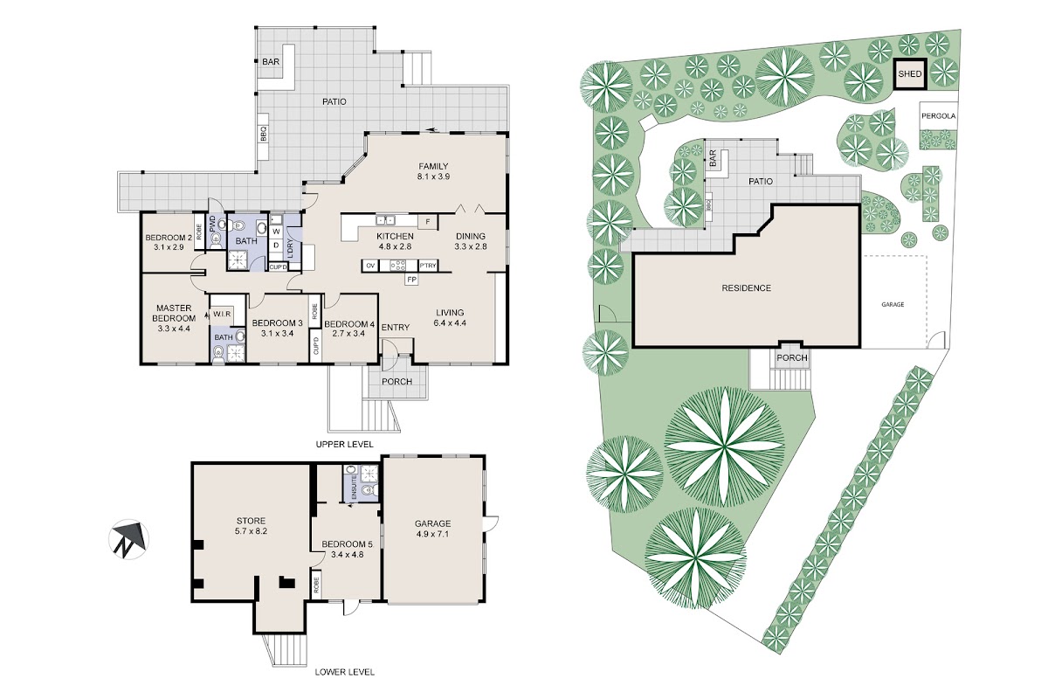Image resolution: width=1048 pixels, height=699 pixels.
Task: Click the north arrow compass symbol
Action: click(129, 539)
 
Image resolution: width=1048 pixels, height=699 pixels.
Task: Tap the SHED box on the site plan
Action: click(910, 74)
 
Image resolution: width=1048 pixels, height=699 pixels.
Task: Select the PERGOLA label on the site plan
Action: click(939, 115)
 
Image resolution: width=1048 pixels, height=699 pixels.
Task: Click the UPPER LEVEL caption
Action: click(345, 444)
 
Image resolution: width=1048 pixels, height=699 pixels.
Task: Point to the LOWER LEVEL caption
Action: click(345, 672)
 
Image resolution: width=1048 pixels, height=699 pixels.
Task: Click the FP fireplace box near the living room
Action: click(411, 280)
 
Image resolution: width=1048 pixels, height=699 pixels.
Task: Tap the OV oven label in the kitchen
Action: click(370, 266)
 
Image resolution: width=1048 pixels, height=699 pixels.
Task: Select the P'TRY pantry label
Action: click(428, 266)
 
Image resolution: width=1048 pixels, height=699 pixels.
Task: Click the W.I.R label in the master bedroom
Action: click(222, 314)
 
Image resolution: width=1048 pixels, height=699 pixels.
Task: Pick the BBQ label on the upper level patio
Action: click(264, 135)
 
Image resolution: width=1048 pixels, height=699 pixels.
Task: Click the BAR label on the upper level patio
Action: click(271, 62)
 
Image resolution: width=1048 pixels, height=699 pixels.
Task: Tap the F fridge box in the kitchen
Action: click(428, 222)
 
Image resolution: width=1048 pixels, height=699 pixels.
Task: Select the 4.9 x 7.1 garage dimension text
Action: click(433, 534)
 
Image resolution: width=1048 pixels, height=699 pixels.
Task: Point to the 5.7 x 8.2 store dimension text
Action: click(252, 531)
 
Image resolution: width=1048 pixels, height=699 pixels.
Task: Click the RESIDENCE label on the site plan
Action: click(746, 288)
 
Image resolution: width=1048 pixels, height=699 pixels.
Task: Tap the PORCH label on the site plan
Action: click(792, 357)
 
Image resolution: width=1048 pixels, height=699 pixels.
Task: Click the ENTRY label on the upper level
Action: click(396, 328)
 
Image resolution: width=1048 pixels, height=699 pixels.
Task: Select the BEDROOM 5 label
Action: click(348, 544)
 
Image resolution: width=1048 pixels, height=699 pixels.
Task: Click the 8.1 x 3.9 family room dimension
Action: click(433, 176)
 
